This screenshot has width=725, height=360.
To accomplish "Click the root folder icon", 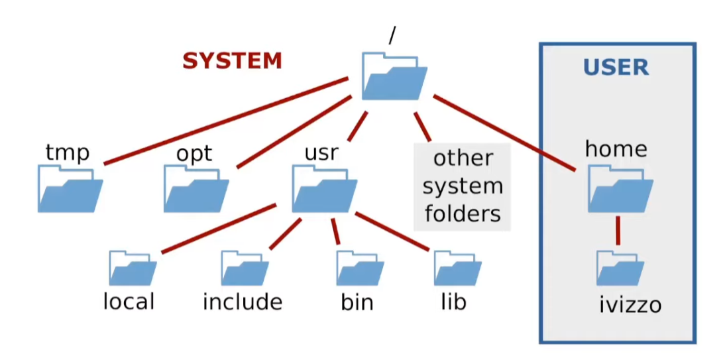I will [x=394, y=77].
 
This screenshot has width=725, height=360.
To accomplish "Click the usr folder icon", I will [x=324, y=190].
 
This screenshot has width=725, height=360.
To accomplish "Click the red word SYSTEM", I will [x=232, y=61].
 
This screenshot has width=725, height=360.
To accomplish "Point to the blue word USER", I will [x=616, y=67].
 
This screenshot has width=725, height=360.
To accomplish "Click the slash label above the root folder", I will [x=392, y=36].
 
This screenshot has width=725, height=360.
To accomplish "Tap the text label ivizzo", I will [x=630, y=306].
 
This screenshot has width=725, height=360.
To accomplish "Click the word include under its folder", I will [x=243, y=302].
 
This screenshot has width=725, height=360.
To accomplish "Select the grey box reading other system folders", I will [x=463, y=186].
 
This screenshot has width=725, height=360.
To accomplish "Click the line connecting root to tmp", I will [x=225, y=121].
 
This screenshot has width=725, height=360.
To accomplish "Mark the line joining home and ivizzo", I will [x=618, y=229].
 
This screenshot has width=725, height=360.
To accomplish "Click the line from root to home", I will [x=504, y=133].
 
